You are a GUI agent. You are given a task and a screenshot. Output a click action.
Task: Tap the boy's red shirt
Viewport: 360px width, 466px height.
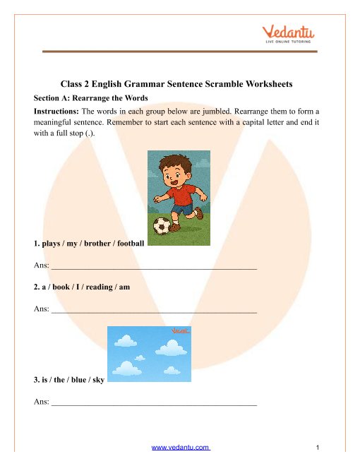point(184,190)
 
